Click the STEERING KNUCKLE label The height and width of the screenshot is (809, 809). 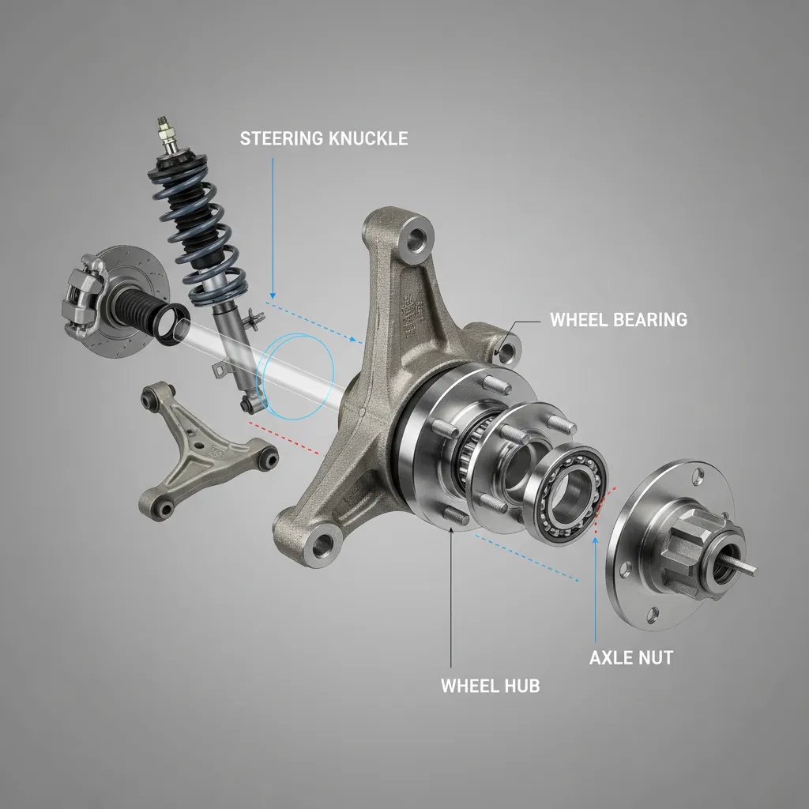(324, 139)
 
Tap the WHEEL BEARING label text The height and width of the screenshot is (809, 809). (618, 320)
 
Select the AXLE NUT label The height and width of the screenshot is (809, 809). (631, 657)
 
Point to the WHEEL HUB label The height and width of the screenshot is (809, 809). (490, 685)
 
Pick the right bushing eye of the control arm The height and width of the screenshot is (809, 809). (269, 457)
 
